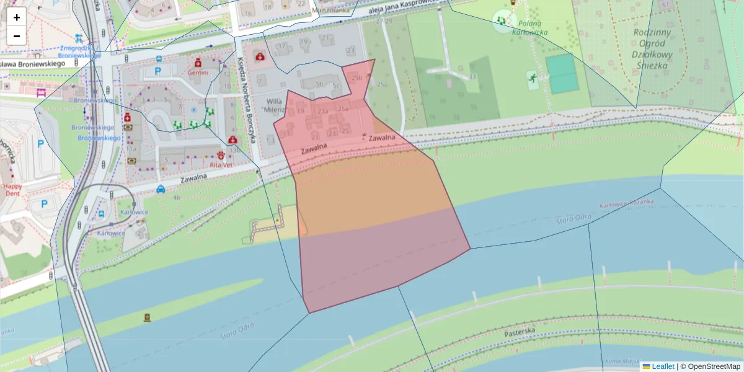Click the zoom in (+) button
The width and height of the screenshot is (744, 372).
pos(17,17)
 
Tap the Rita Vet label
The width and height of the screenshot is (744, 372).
pos(220,165)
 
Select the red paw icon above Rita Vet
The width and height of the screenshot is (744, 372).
pos(221,155)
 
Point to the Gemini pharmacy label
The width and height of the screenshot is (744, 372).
pos(198,72)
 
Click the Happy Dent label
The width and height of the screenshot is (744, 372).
pos(12,189)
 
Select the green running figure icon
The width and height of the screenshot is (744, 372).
pos(531,77)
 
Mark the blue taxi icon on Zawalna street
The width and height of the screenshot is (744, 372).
pos(161,189)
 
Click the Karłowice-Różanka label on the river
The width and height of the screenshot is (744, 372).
pos(627,204)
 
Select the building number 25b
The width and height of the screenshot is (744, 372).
pos(356,78)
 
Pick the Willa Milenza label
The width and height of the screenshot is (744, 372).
pos(274,105)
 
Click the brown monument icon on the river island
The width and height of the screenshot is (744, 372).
pos(147,317)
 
